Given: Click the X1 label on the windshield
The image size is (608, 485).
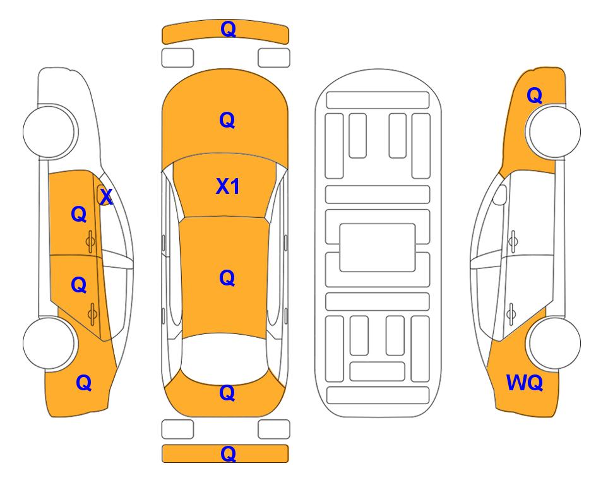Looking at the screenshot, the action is [228, 186].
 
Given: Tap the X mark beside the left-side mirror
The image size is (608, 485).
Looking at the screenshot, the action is [106, 196].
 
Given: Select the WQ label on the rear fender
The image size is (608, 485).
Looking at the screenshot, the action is [524, 383].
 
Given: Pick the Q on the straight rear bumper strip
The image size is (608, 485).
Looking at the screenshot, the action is [228, 453].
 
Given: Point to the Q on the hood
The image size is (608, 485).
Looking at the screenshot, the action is [227, 120].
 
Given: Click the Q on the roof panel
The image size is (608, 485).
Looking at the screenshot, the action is [227, 278].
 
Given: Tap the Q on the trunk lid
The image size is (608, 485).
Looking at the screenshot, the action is [227, 393].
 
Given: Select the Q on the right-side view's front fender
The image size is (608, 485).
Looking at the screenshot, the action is [534, 95].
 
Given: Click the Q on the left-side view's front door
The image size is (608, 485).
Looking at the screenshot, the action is [79, 214].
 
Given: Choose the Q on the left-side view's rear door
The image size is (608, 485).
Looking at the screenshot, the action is [79, 285].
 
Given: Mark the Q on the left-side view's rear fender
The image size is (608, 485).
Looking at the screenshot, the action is [84, 383].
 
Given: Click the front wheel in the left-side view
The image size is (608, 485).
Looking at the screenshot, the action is [49, 131].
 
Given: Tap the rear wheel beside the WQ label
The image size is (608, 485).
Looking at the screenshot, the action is [554, 343].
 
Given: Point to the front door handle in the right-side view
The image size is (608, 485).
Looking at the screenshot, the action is [513, 241].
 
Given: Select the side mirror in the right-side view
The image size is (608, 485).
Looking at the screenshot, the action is [499, 195].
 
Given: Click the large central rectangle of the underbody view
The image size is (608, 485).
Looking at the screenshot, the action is [378, 248].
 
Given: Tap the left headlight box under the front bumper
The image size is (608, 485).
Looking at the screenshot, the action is [177, 58].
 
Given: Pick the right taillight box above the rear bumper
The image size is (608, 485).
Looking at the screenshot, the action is [274, 429].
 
